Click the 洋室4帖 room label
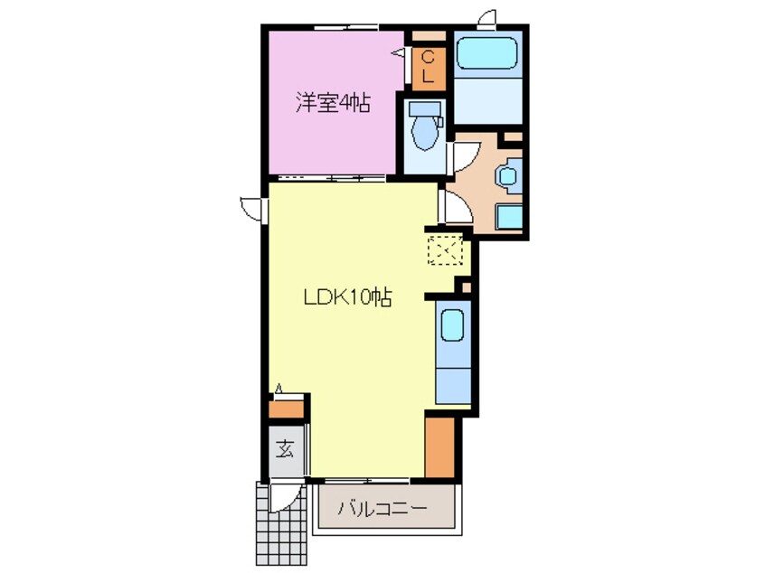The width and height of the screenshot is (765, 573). pos(332,103)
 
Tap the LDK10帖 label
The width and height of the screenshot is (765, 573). pos(346,297)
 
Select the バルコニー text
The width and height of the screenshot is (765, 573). pos(382,509)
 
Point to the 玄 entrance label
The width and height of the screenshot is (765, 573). pos(285,447)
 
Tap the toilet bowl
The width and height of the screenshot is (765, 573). pos(423,129)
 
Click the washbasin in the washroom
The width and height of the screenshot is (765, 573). pos(510,174)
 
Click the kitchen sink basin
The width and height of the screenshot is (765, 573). pos(452,323)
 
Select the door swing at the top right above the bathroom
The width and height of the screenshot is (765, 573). pos(488,17)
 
